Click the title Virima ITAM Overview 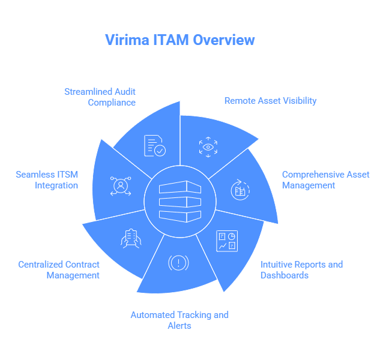point(180,40)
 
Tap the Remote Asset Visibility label point(270,101)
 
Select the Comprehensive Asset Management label point(325,180)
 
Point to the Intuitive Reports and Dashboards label point(301,269)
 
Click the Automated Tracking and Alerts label point(179,320)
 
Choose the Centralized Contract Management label point(59,269)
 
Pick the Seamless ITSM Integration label point(47,180)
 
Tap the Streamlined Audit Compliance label point(100,97)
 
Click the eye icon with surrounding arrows point(208,146)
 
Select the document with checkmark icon point(154,146)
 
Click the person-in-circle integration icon point(121,185)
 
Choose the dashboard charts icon point(228,240)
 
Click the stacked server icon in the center point(180,200)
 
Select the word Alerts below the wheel point(179,325)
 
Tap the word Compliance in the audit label point(112,102)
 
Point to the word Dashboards point(285,275)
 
